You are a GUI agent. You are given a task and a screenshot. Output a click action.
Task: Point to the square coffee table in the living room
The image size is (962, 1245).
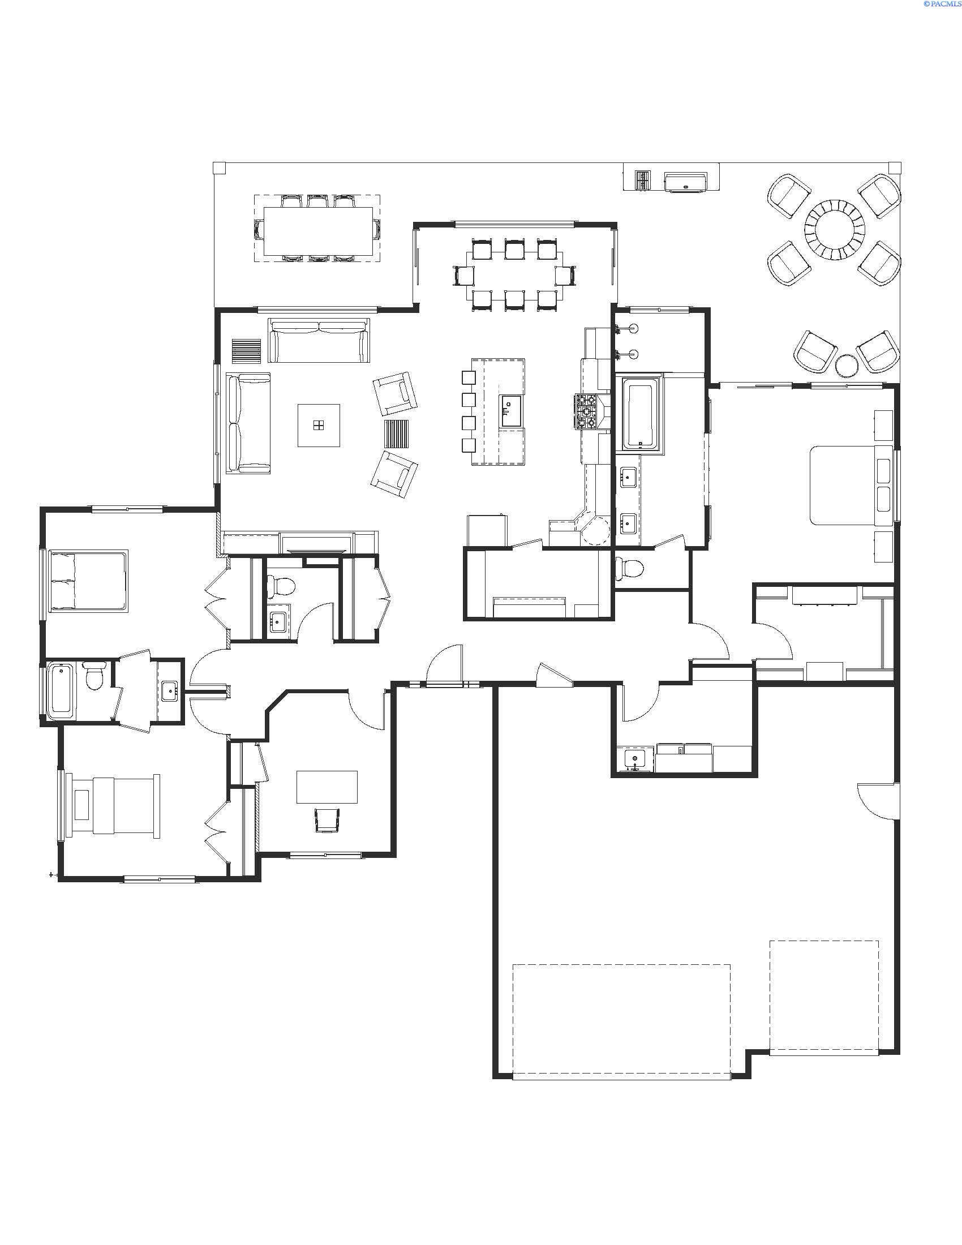319,424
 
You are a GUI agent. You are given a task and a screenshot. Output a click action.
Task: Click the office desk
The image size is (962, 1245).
327,787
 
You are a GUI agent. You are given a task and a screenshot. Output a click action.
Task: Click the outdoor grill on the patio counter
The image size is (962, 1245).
686,181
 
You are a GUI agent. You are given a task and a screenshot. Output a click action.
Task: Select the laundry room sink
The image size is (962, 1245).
635,759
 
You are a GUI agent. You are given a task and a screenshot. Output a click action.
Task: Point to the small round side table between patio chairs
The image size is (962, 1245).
846,366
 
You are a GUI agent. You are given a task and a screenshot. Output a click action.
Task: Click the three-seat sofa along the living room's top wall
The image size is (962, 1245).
319,340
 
